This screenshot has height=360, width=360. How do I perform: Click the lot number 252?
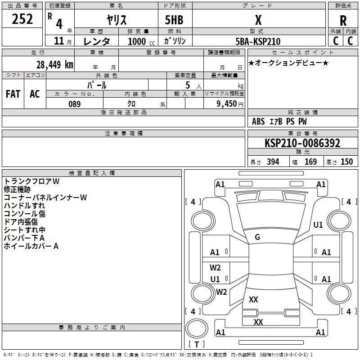point(22,19)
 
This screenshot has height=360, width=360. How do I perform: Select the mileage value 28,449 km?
point(55,65)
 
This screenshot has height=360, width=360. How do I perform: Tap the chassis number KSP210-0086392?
point(302,143)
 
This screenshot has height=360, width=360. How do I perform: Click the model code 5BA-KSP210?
point(258,41)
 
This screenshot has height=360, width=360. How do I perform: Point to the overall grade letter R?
point(343,21)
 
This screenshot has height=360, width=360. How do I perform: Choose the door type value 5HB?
point(174,20)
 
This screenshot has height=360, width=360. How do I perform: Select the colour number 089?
point(75,104)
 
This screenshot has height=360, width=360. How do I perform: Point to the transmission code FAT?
point(13,94)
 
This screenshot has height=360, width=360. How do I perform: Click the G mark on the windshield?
point(257,237)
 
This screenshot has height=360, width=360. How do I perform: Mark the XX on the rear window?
point(253,300)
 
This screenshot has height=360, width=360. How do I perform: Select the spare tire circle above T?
point(197,328)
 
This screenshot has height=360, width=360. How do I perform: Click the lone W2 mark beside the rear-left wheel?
point(221,292)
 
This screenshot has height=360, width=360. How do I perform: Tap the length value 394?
point(273,162)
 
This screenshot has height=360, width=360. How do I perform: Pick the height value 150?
point(346,162)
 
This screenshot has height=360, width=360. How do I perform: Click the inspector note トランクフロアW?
point(31,181)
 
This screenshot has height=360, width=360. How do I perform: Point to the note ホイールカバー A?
point(31,246)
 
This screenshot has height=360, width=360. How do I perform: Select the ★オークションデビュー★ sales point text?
point(288,63)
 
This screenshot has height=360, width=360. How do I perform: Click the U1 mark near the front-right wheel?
point(318,225)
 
